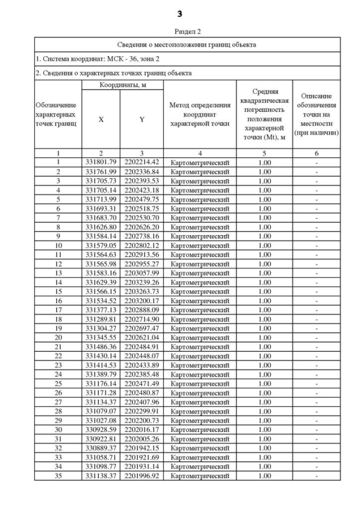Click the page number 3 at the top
(x=180, y=13)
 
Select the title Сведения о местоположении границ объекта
(x=187, y=44)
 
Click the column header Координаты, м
(x=122, y=84)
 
